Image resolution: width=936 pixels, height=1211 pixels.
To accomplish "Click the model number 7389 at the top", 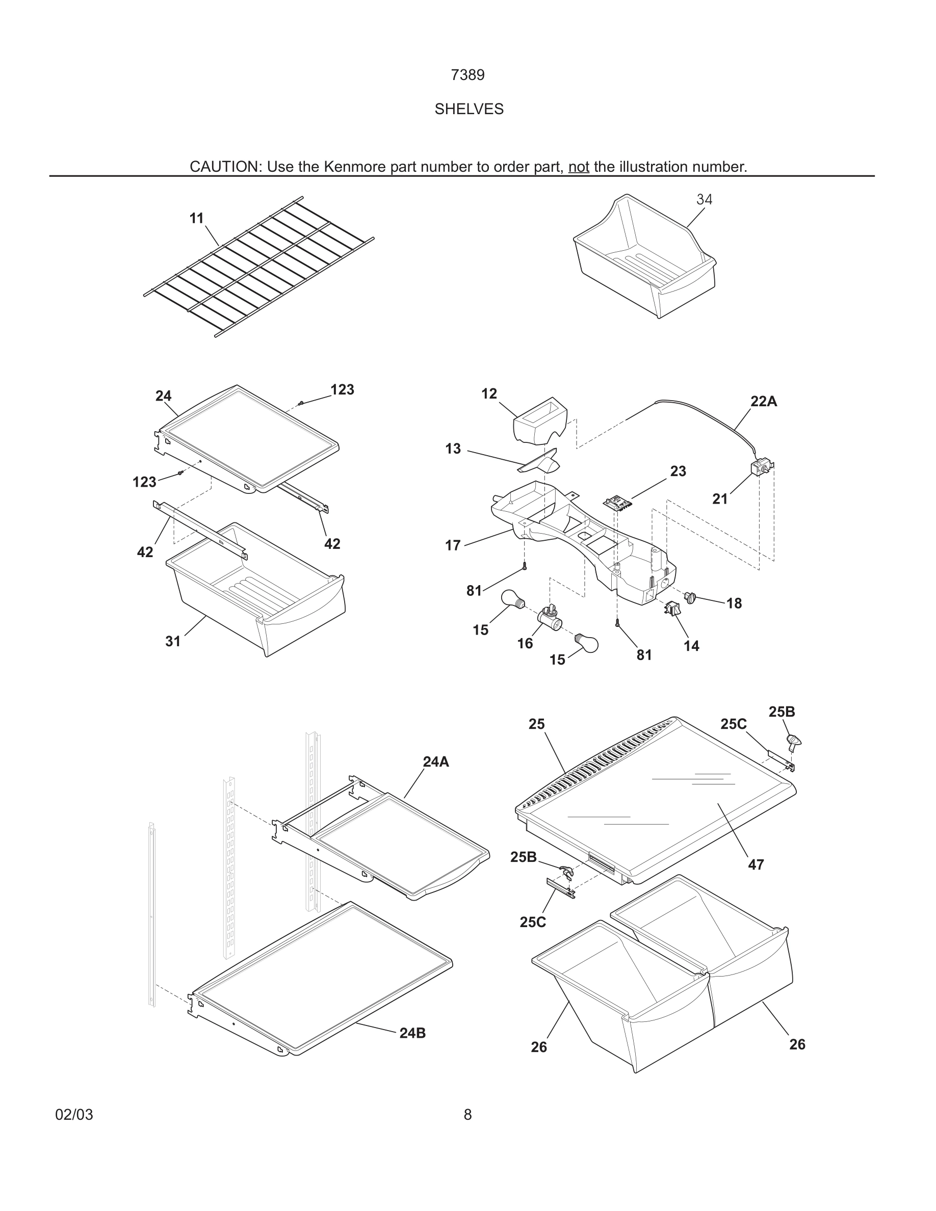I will [x=467, y=75].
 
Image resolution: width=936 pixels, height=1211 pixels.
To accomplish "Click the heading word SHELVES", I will [x=469, y=109].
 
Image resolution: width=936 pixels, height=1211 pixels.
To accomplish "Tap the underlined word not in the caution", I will [x=578, y=166].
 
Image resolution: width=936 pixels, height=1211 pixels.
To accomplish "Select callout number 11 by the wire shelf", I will [x=196, y=219].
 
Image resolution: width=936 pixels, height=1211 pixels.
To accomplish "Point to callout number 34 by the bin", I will [x=704, y=199].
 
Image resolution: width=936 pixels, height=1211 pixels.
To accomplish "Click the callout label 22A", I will [x=764, y=402].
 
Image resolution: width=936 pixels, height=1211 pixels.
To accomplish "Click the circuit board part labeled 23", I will [x=617, y=503].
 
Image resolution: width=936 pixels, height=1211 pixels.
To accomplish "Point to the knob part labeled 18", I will [x=690, y=597].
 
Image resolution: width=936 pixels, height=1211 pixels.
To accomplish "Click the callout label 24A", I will [x=436, y=762].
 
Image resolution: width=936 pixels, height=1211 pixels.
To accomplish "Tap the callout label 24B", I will [x=412, y=1033].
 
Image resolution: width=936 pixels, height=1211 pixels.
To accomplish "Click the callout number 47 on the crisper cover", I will [x=756, y=864].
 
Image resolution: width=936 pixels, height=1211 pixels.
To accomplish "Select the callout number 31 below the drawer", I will [x=173, y=641].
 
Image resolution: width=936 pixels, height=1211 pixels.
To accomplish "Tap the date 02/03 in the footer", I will [x=74, y=1115].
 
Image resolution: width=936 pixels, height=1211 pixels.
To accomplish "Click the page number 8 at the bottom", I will [x=467, y=1115].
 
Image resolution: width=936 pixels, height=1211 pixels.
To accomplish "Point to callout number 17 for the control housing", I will [x=453, y=546].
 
